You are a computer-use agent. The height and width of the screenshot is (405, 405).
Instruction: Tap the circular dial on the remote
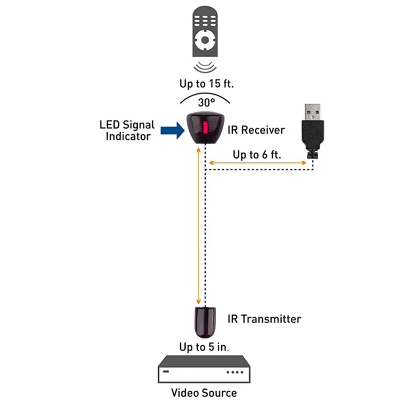(x=205, y=40)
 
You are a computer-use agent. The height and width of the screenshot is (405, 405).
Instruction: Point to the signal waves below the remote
(x=205, y=66)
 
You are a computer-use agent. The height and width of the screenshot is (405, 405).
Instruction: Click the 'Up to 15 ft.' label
(x=207, y=84)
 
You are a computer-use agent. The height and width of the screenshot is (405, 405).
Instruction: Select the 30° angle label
(x=207, y=102)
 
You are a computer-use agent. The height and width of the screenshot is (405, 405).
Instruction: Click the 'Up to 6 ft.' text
(x=257, y=154)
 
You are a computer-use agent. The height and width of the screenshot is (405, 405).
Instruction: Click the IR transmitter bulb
(x=205, y=322)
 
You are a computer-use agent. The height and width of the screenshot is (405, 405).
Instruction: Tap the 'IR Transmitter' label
(x=264, y=319)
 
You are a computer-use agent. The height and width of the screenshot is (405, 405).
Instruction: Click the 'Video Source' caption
(x=204, y=392)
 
